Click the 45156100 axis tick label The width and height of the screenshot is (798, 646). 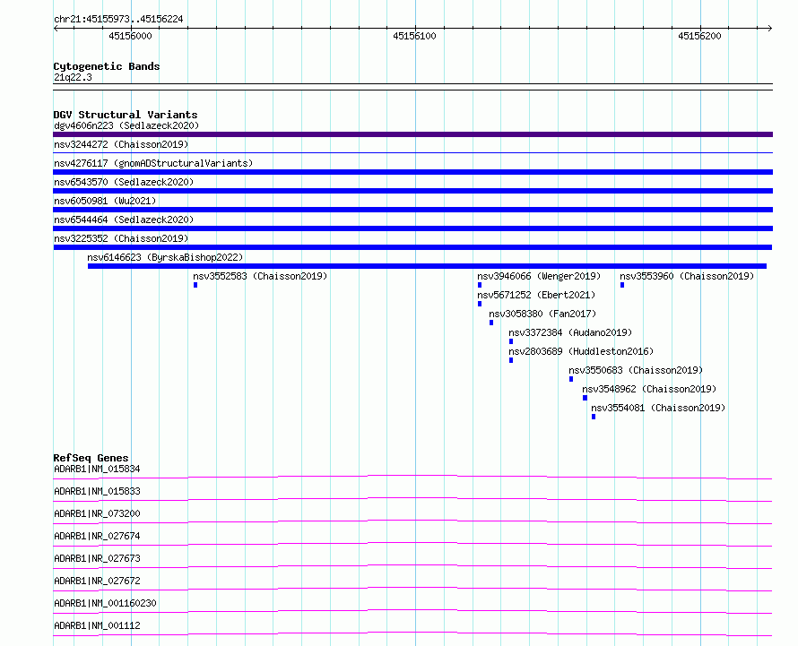414,36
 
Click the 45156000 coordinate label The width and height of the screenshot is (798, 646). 130,36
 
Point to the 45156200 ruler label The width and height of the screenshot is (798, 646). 699,36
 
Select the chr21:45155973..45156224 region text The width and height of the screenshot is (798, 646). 118,20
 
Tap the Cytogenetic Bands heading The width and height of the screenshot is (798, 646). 107,66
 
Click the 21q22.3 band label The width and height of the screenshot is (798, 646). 73,77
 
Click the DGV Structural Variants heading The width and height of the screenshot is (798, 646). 126,115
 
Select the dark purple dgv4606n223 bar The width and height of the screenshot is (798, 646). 412,134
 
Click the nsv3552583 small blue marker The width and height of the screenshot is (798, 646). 195,285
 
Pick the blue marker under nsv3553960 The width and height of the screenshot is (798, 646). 622,285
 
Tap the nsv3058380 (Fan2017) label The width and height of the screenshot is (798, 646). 542,314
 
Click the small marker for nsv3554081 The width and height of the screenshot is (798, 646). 594,417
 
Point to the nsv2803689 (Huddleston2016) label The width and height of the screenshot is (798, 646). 581,351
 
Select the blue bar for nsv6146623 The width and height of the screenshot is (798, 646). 427,266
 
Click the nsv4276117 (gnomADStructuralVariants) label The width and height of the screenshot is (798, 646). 153,163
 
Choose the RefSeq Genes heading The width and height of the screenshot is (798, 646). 91,458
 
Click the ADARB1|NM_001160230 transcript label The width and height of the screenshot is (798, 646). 105,603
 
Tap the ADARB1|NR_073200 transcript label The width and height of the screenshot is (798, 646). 97,513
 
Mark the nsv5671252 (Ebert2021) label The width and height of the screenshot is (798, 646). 536,295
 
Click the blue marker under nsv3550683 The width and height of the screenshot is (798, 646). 571,379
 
